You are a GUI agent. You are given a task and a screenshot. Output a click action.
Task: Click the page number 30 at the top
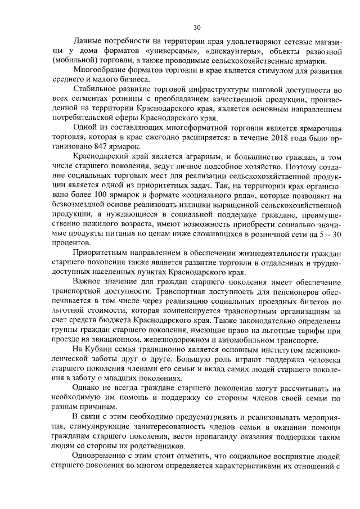pos(196,27)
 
